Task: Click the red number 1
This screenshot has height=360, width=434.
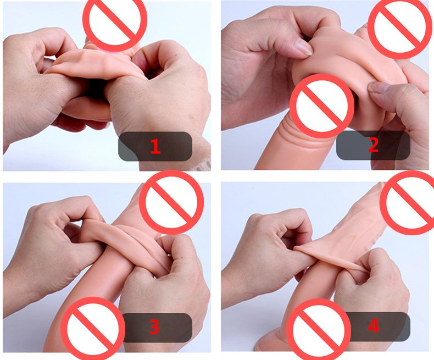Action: [x=155, y=147]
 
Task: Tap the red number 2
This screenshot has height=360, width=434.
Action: [x=373, y=145]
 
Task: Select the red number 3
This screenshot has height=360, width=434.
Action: [x=154, y=327]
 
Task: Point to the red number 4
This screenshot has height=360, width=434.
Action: [x=373, y=326]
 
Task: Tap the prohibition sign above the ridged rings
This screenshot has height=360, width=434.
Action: [x=322, y=106]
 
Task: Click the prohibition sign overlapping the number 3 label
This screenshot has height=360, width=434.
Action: [x=93, y=329]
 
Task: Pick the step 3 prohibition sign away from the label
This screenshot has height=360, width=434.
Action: [x=171, y=202]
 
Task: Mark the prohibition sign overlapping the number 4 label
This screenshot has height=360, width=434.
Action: [x=319, y=329]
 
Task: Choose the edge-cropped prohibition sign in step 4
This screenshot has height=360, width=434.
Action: [x=407, y=203]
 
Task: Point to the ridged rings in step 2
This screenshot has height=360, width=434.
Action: [x=293, y=132]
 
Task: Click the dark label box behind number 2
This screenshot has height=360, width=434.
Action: [x=373, y=145]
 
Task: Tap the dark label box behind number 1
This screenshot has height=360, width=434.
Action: [x=155, y=147]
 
